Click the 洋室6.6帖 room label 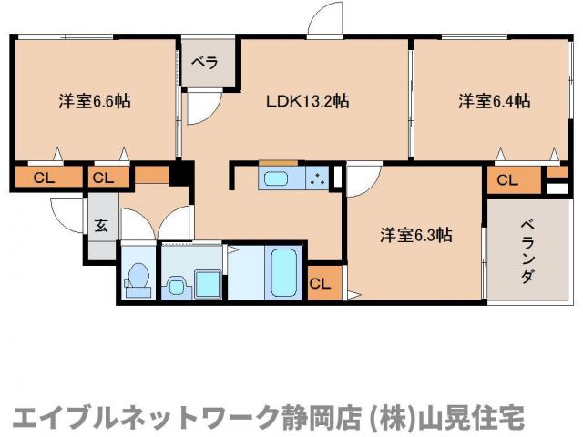click(94, 101)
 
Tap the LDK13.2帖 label click(307, 101)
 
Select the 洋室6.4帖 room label click(494, 101)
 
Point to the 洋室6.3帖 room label click(416, 235)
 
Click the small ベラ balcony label click(204, 63)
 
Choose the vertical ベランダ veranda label click(527, 251)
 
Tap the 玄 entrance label click(101, 226)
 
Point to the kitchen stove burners click(318, 178)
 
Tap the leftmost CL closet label click(43, 178)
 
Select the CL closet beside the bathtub click(320, 283)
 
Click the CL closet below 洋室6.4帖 click(507, 180)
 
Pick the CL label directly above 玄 click(103, 178)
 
